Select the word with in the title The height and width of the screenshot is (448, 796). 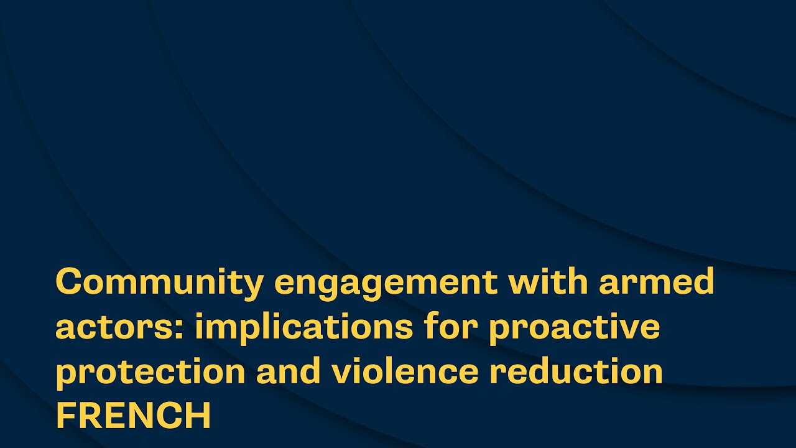click(x=548, y=281)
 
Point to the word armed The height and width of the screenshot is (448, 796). click(x=656, y=281)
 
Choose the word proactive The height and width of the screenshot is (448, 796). click(x=575, y=329)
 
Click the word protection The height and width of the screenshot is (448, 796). click(x=150, y=373)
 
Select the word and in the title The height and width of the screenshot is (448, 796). click(x=288, y=370)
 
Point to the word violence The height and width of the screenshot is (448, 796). click(x=405, y=370)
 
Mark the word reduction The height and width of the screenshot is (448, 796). click(x=576, y=370)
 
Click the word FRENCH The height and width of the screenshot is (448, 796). click(x=134, y=415)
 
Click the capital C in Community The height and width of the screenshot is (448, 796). click(x=69, y=281)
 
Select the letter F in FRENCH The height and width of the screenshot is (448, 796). click(x=66, y=415)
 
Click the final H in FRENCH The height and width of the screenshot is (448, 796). click(x=198, y=415)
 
